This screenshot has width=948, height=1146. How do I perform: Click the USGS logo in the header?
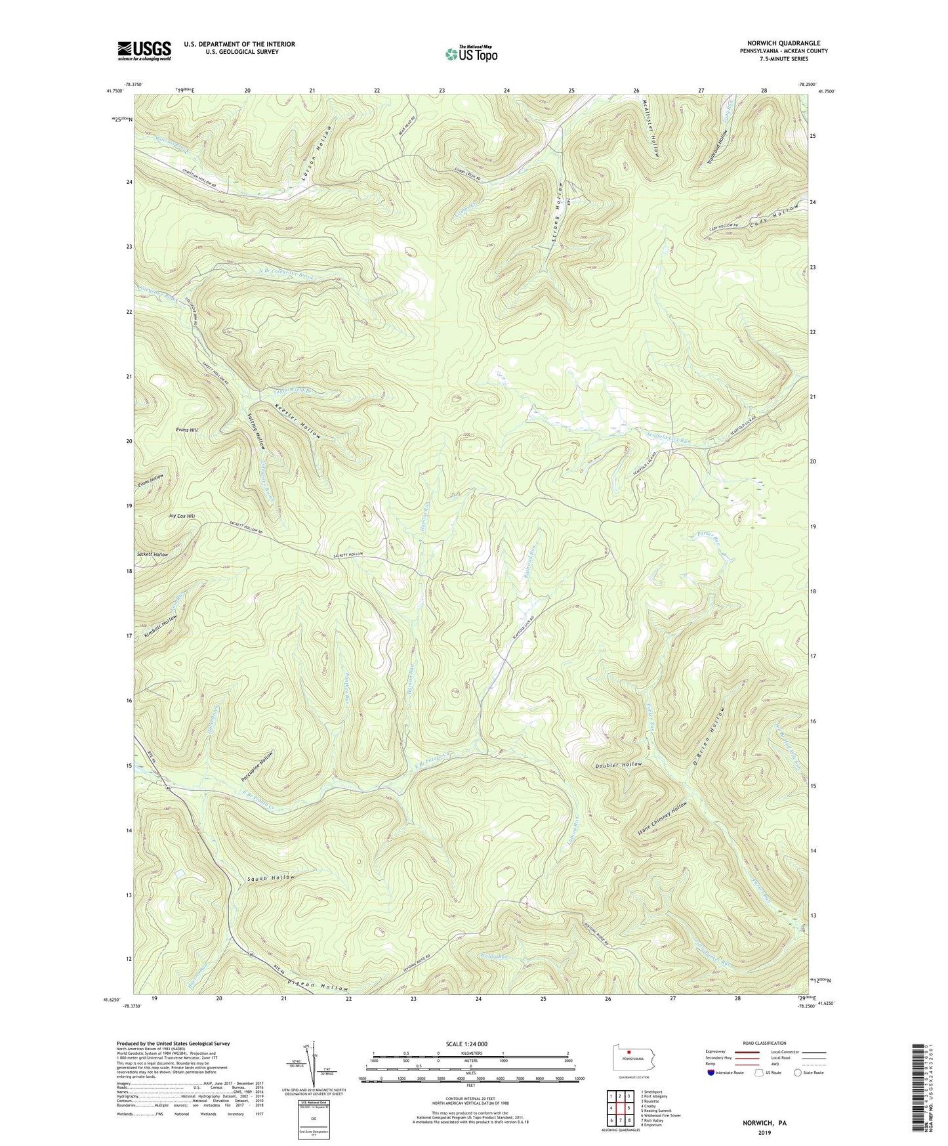tap(144, 51)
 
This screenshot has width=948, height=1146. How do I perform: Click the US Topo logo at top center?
tap(470, 54)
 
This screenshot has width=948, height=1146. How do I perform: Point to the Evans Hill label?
tap(186, 430)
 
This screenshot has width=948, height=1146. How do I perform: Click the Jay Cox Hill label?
tap(182, 517)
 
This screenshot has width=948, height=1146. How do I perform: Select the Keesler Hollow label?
tap(299, 421)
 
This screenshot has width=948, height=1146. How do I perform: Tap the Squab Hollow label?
tap(272, 878)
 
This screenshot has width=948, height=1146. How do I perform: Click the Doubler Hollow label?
tap(619, 765)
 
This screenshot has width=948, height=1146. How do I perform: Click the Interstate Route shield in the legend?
tap(711, 1073)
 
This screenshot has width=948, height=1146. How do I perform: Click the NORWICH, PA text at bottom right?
tap(764, 1123)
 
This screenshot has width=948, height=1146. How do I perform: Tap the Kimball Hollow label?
tap(161, 627)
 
